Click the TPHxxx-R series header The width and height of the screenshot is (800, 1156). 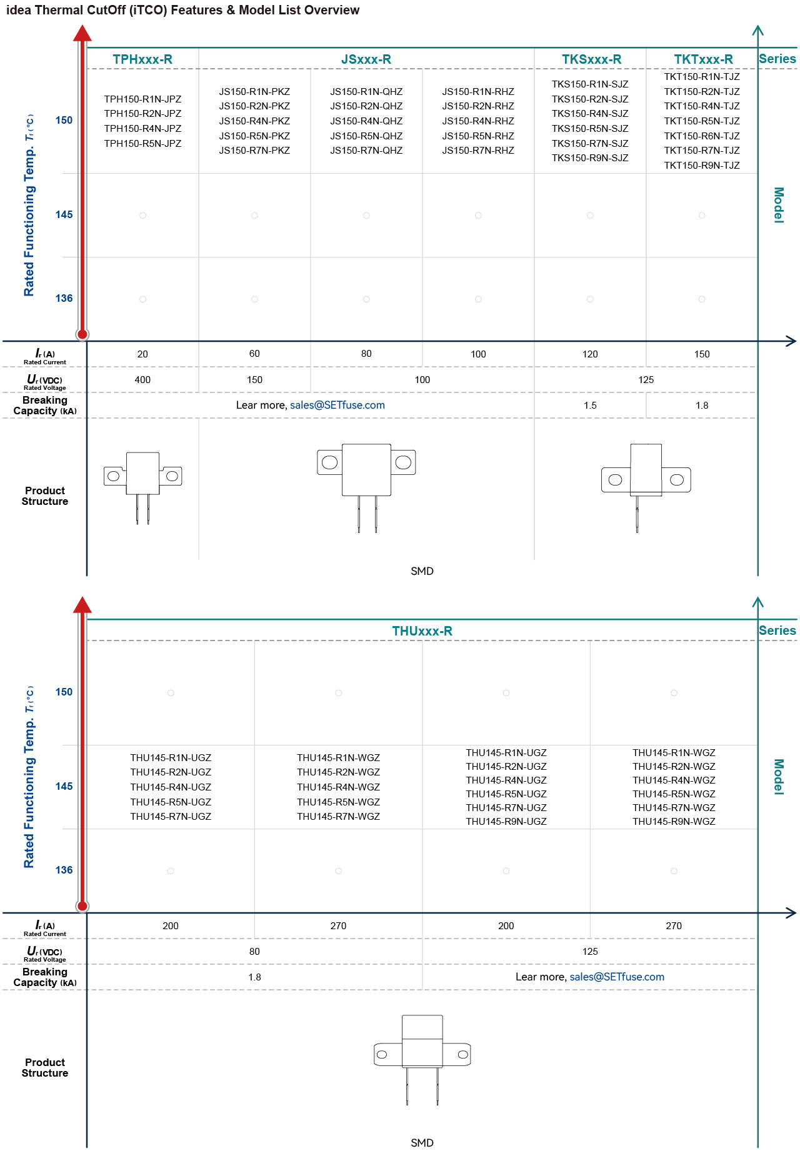tap(142, 59)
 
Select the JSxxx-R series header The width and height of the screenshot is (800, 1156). tap(366, 59)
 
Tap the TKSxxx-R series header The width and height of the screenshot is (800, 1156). tap(591, 59)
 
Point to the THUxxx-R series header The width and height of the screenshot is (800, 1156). tap(422, 631)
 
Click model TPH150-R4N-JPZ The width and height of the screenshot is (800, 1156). tap(142, 129)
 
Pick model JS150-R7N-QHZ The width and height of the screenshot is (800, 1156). tap(366, 151)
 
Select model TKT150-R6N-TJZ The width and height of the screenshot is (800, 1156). tap(702, 136)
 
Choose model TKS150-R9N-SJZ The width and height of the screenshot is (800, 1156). tap(590, 158)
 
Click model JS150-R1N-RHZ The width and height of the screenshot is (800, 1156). tap(478, 92)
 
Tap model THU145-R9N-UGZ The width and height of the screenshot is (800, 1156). tap(506, 822)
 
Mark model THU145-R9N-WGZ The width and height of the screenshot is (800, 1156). tap(674, 822)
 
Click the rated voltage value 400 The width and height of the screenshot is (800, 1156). tap(142, 380)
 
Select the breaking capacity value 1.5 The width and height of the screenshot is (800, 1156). tap(590, 406)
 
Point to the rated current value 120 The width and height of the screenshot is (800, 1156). tap(590, 354)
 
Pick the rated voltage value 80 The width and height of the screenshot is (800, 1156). tap(254, 952)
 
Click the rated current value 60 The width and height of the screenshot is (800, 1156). tap(254, 354)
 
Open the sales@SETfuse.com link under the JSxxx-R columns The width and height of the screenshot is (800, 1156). tap(337, 406)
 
